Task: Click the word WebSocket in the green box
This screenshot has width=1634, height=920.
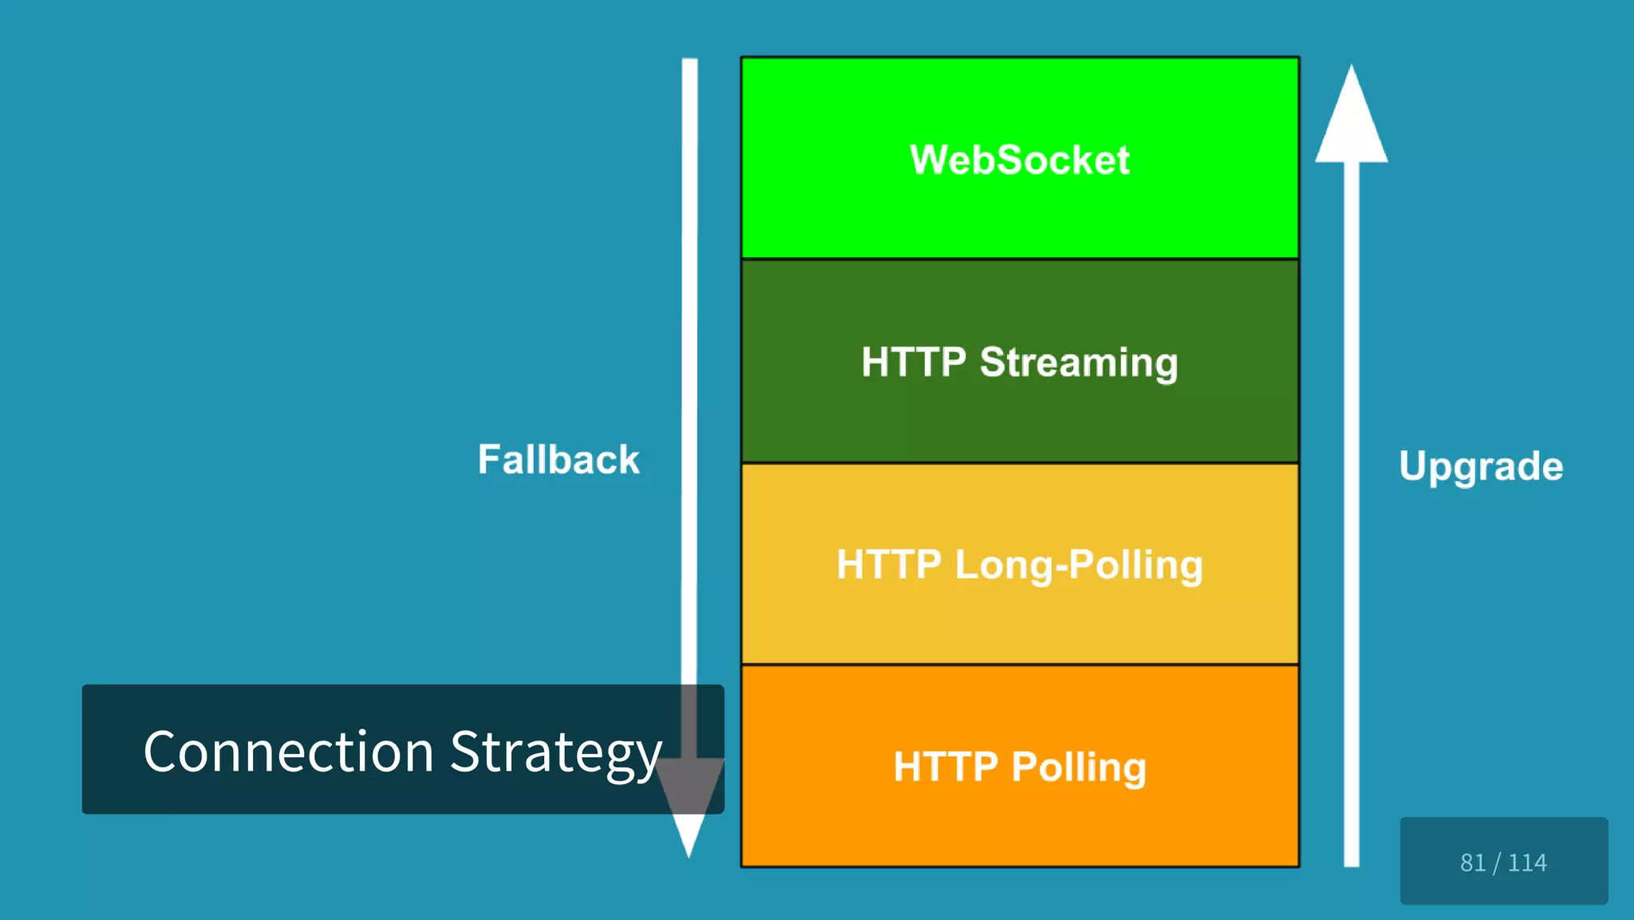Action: point(1020,160)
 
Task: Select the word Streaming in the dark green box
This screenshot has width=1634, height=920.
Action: point(1079,363)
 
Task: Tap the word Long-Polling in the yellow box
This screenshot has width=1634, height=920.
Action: point(1079,565)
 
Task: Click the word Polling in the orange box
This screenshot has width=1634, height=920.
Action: point(1079,767)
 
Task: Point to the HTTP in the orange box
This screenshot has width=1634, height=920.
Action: point(945,767)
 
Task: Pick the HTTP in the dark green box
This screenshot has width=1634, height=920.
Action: point(914,362)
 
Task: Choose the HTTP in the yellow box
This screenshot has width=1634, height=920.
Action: point(889,564)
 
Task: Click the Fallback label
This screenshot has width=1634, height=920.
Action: point(558,460)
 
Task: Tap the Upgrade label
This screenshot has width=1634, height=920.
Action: point(1481,466)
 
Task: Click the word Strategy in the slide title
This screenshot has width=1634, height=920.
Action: point(556,752)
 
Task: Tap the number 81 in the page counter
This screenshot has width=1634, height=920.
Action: point(1473,863)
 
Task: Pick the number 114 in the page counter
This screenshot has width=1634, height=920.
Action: point(1527,863)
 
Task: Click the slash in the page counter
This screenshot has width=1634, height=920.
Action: point(1497,863)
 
